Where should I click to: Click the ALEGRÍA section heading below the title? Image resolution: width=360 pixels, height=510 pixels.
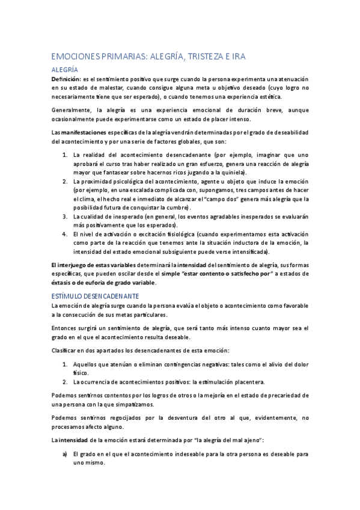[x=66, y=70]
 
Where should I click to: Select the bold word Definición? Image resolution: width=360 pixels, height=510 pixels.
[x=67, y=79]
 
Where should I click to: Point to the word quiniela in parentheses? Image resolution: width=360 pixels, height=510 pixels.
[x=233, y=171]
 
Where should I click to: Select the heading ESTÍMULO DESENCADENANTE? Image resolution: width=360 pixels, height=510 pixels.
[x=96, y=296]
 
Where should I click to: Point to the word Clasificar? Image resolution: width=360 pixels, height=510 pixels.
[x=67, y=350]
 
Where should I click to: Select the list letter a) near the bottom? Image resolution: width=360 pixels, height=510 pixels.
[x=65, y=454]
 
